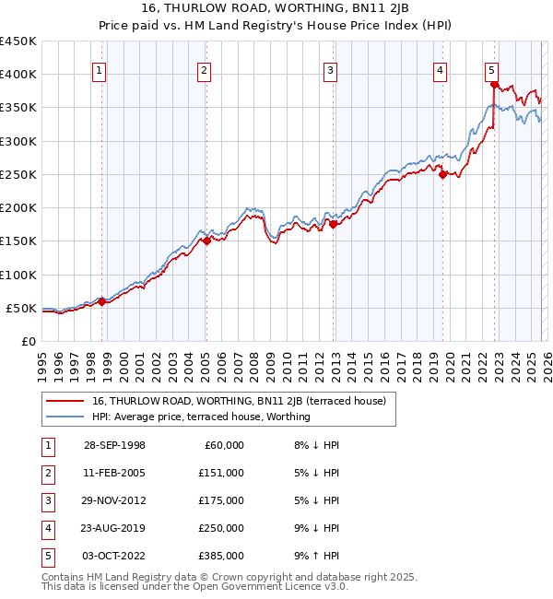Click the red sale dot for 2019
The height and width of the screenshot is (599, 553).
[x=443, y=174]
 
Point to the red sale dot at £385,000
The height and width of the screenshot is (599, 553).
[x=495, y=85]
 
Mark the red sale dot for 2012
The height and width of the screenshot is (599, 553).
[x=334, y=224]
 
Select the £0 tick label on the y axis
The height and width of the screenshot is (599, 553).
[x=28, y=341]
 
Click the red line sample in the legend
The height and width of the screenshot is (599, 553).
[x=65, y=401]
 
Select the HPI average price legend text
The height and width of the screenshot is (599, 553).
[x=201, y=417]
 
